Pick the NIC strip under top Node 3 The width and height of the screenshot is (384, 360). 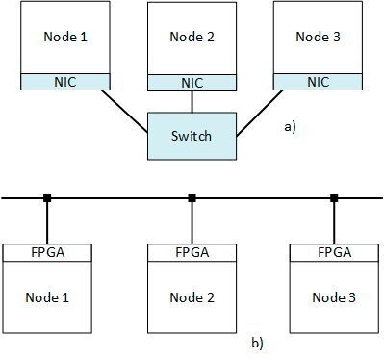(x=318, y=82)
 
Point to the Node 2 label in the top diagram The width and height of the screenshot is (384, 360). (x=191, y=39)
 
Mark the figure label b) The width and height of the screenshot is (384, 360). (x=257, y=342)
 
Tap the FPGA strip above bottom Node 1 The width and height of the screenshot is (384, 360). (x=47, y=252)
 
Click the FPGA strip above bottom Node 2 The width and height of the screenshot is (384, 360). (x=191, y=252)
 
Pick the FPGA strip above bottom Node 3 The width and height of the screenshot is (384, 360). (x=334, y=252)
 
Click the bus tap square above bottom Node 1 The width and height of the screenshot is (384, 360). (x=47, y=198)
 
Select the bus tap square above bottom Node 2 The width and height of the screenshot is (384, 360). (x=192, y=198)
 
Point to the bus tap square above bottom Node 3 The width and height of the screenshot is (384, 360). (x=334, y=198)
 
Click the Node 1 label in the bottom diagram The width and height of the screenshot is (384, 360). (x=47, y=296)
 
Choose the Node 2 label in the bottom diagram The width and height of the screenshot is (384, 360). (x=191, y=296)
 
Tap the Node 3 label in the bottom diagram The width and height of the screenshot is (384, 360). (x=334, y=296)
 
